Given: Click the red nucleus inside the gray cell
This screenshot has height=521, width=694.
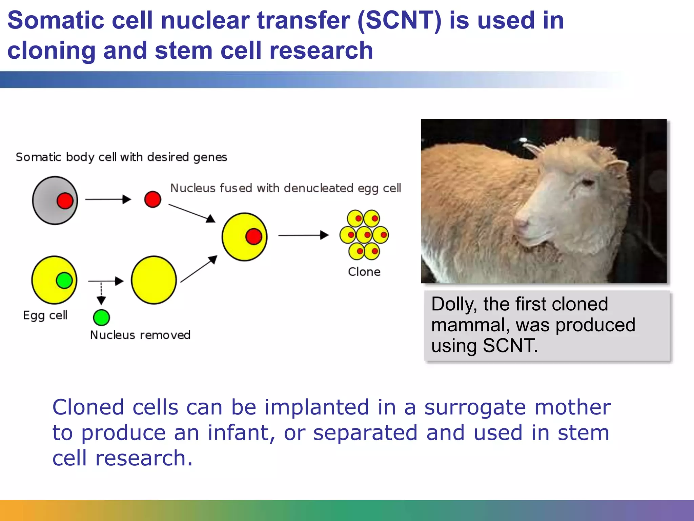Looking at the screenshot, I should point(65,201).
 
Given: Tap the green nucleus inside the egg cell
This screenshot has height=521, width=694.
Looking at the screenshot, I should point(64,280).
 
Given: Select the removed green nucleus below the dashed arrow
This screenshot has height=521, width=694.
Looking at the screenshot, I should point(101,317).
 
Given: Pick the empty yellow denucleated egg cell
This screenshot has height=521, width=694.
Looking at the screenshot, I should point(154,280).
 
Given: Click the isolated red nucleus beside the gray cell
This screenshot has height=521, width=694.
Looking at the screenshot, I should point(152,199).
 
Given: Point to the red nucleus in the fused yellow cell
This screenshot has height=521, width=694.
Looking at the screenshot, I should point(254,236).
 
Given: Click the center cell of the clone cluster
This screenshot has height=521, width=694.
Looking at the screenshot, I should point(364,235).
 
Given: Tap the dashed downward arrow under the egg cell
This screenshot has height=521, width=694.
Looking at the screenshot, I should point(101,294).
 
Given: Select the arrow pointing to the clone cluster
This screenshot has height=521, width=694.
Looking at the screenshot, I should point(303,235).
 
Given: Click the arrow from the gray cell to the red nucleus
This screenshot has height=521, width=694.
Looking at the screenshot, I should point(108,199).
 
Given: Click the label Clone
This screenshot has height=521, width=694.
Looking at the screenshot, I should point(364,272).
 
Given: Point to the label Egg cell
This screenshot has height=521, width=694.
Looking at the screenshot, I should point(45,315).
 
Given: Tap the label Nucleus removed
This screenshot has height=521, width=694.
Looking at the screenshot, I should point(140,335).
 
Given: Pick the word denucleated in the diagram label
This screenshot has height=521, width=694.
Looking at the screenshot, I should point(319,188).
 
